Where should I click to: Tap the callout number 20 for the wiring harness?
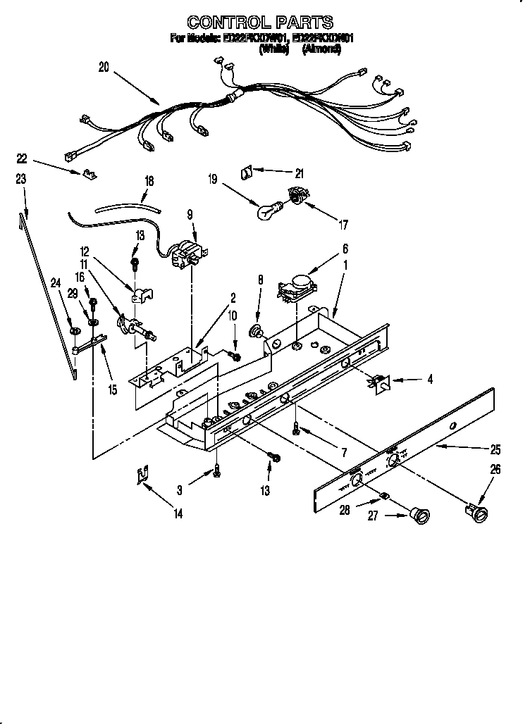104,68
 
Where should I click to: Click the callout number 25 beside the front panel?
495,449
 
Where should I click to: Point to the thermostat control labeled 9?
188,253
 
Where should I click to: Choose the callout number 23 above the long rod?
21,180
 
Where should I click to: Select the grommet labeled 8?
258,331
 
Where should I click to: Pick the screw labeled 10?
236,356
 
